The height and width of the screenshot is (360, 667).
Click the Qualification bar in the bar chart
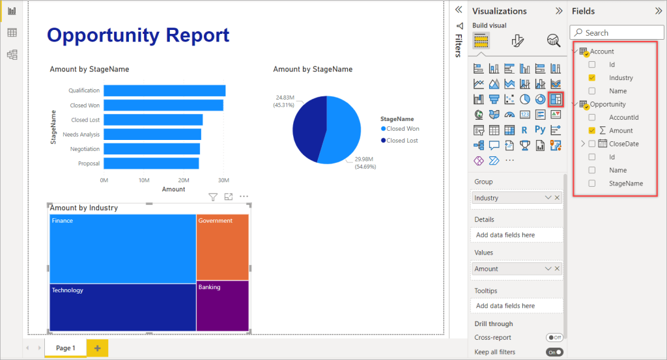tap(164, 90)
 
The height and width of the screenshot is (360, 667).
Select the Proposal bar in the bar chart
tap(151, 163)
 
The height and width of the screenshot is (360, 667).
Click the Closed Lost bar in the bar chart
tap(153, 120)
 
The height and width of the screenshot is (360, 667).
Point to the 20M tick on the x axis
tap(184, 180)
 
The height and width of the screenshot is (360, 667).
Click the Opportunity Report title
tap(138, 35)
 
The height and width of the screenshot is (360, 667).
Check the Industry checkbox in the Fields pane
tap(591, 78)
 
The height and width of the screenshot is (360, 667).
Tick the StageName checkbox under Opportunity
tap(591, 184)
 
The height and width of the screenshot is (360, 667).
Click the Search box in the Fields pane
tap(612, 33)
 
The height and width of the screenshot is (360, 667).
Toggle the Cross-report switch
tap(554, 338)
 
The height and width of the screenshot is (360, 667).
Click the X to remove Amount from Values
tap(558, 269)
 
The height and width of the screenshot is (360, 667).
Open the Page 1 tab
tap(66, 348)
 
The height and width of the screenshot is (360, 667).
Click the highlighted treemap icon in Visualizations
tap(555, 100)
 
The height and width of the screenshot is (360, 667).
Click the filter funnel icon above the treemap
tap(212, 197)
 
